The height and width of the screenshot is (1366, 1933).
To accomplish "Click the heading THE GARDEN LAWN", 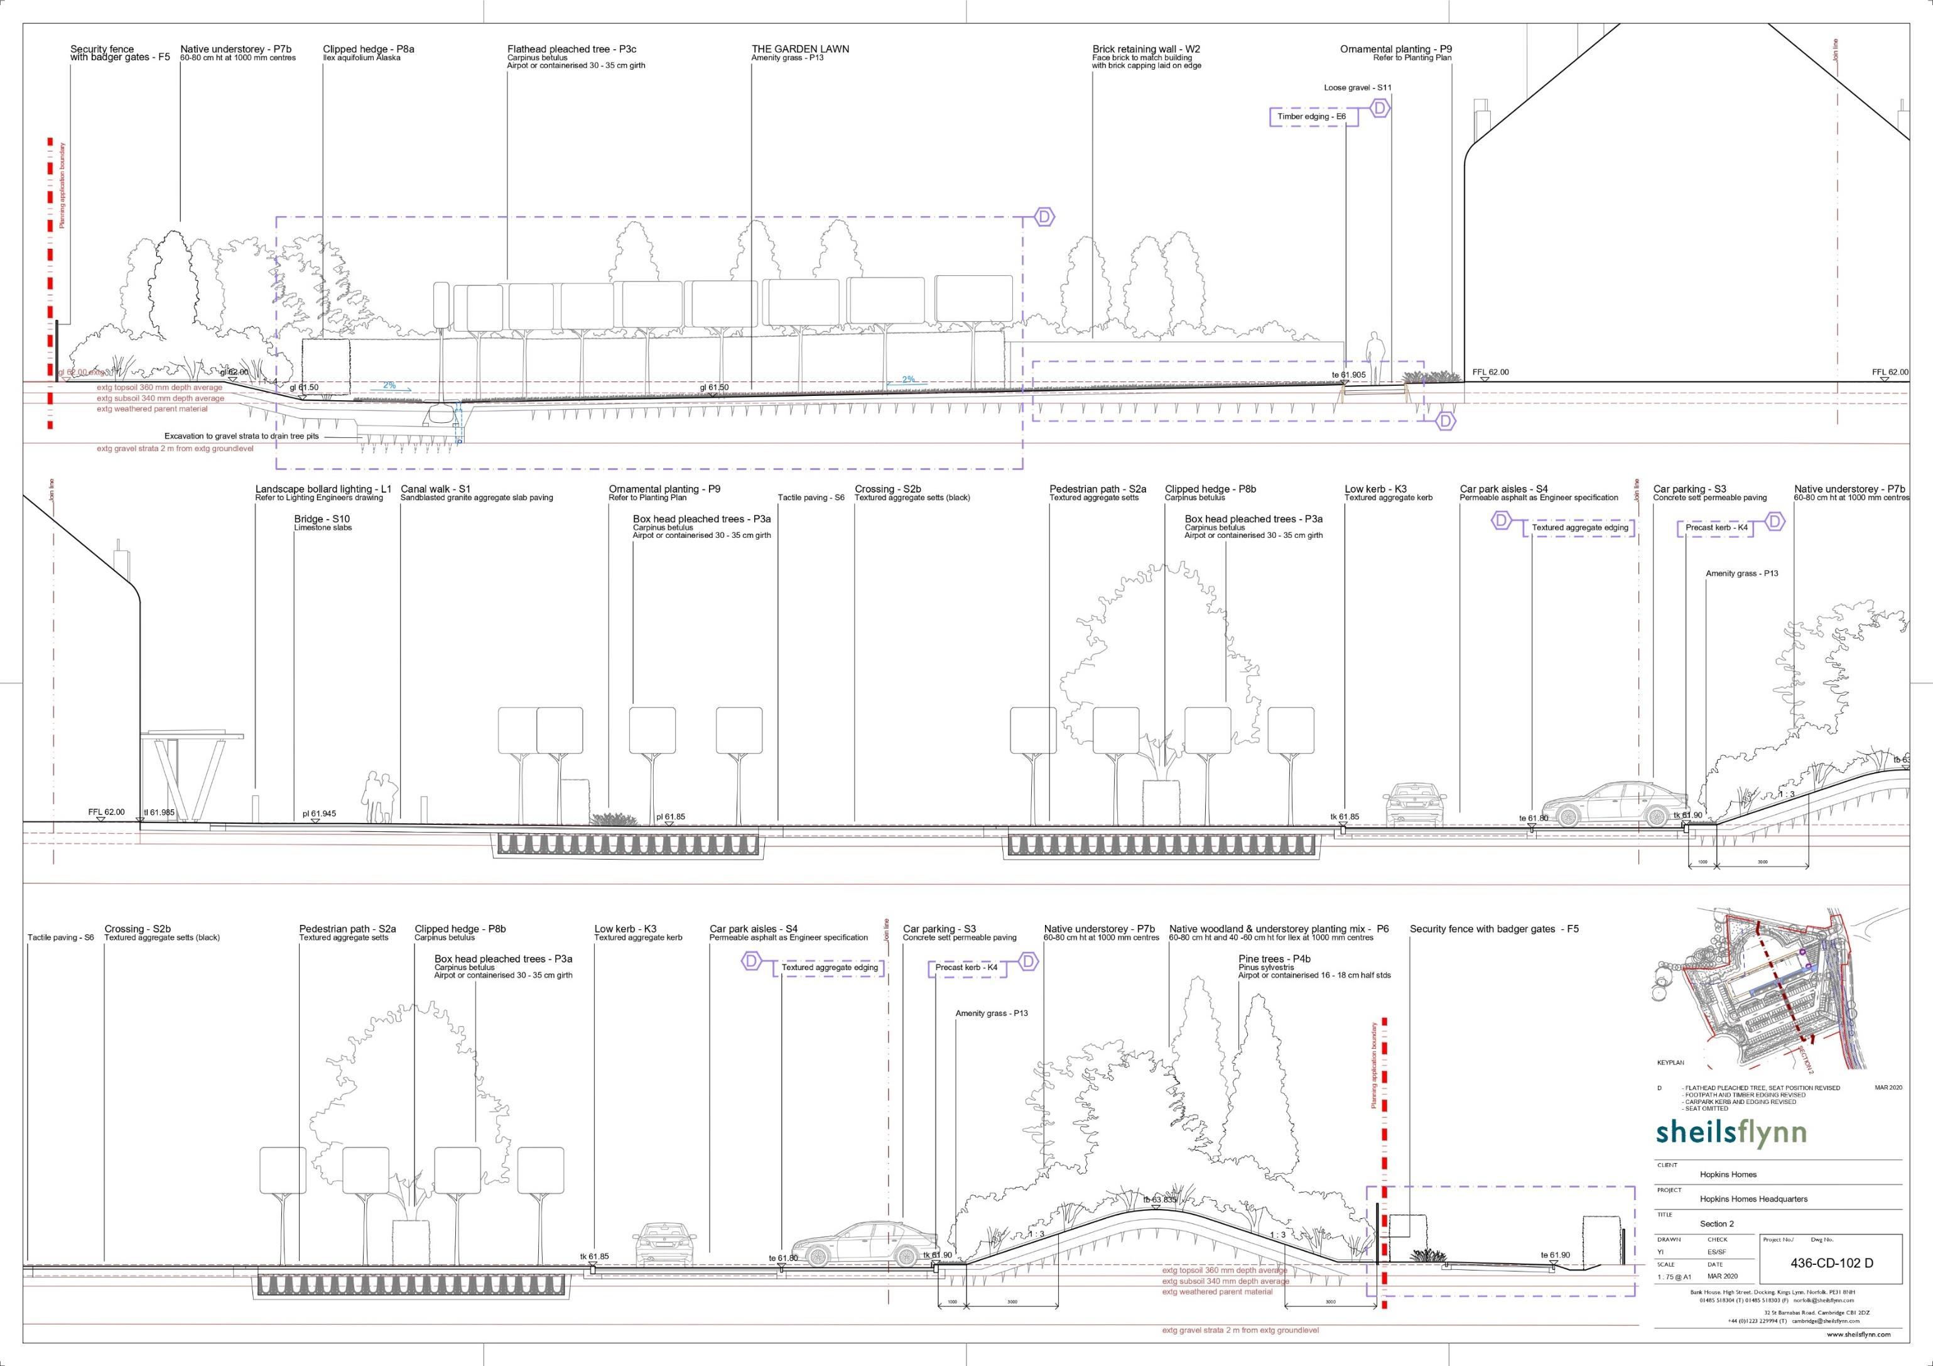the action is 800,49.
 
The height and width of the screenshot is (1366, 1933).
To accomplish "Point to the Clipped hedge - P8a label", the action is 369,49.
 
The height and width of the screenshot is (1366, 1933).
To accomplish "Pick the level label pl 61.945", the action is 319,814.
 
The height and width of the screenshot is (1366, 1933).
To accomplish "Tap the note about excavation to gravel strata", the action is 242,437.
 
